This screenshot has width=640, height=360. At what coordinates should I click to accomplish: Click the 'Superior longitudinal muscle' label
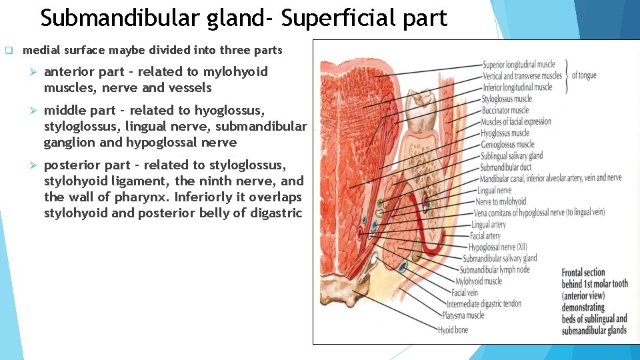coord(519,65)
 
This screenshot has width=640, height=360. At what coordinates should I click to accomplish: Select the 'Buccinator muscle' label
coord(505,110)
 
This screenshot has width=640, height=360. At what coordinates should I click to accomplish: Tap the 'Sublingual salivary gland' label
coord(511,156)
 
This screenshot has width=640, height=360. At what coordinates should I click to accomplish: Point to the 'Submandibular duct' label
coord(506,167)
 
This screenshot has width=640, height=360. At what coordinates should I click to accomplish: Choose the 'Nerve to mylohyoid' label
coord(501,201)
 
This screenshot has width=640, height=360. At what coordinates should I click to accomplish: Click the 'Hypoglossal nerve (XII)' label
coord(499,247)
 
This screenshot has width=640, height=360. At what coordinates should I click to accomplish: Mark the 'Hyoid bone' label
coord(453,330)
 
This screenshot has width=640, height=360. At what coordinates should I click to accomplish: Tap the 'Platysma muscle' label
coord(465,315)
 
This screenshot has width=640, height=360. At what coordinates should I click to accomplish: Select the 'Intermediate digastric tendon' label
coord(484,304)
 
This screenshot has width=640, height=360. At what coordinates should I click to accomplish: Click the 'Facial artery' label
coord(485,236)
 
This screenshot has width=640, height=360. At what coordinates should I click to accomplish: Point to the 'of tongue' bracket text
coord(584,75)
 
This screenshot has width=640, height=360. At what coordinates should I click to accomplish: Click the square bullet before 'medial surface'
coord(9,50)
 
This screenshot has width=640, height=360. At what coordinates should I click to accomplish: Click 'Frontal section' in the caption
coord(583,273)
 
